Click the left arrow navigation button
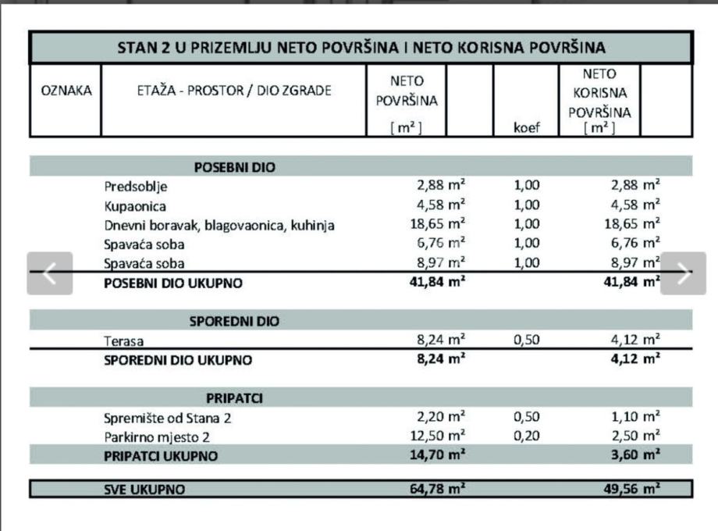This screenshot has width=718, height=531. tap(50, 273)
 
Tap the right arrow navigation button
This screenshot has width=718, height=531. tap(683, 273)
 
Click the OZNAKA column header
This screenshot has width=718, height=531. tap(66, 91)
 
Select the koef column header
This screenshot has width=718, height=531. tap(527, 127)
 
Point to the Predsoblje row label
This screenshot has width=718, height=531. tap(136, 187)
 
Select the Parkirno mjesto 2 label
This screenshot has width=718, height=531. tap(157, 437)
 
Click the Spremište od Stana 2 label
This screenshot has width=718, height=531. tap(168, 418)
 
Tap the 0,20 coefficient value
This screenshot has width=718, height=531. tap(527, 437)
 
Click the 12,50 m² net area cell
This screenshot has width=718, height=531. tap(438, 436)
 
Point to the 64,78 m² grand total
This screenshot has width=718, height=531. tap(438, 489)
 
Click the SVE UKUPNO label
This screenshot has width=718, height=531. tap(145, 490)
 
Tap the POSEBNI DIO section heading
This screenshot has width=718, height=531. tap(234, 167)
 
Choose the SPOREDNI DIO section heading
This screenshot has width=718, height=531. tap(234, 321)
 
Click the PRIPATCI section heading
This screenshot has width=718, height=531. tap(234, 398)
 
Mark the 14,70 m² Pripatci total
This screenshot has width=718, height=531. tap(438, 455)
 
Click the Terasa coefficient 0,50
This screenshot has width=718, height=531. tap(527, 340)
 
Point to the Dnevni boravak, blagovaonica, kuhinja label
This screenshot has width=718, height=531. tap(219, 226)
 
